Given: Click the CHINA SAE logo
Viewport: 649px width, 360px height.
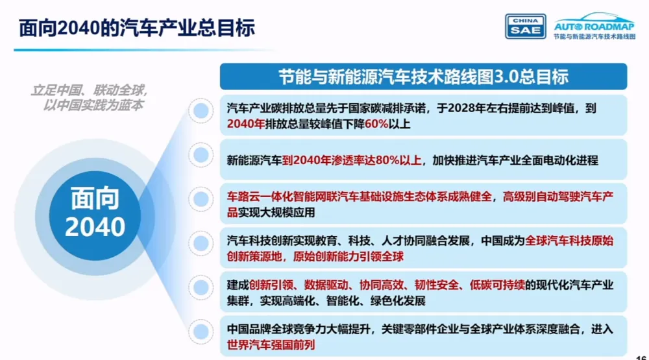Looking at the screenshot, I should tap(525, 26).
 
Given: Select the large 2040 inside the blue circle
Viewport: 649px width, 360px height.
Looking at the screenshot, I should tap(95, 226).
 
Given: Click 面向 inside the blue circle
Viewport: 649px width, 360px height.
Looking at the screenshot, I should tap(95, 197).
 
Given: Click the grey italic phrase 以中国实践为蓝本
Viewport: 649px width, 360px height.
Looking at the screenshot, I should tap(93, 104).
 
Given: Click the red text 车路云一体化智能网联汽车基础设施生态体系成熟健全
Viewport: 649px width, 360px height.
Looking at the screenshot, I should tap(361, 197).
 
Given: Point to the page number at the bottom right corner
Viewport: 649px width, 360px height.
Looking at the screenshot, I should tap(641, 356).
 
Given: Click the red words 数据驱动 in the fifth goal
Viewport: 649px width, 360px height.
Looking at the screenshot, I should tap(324, 285).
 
